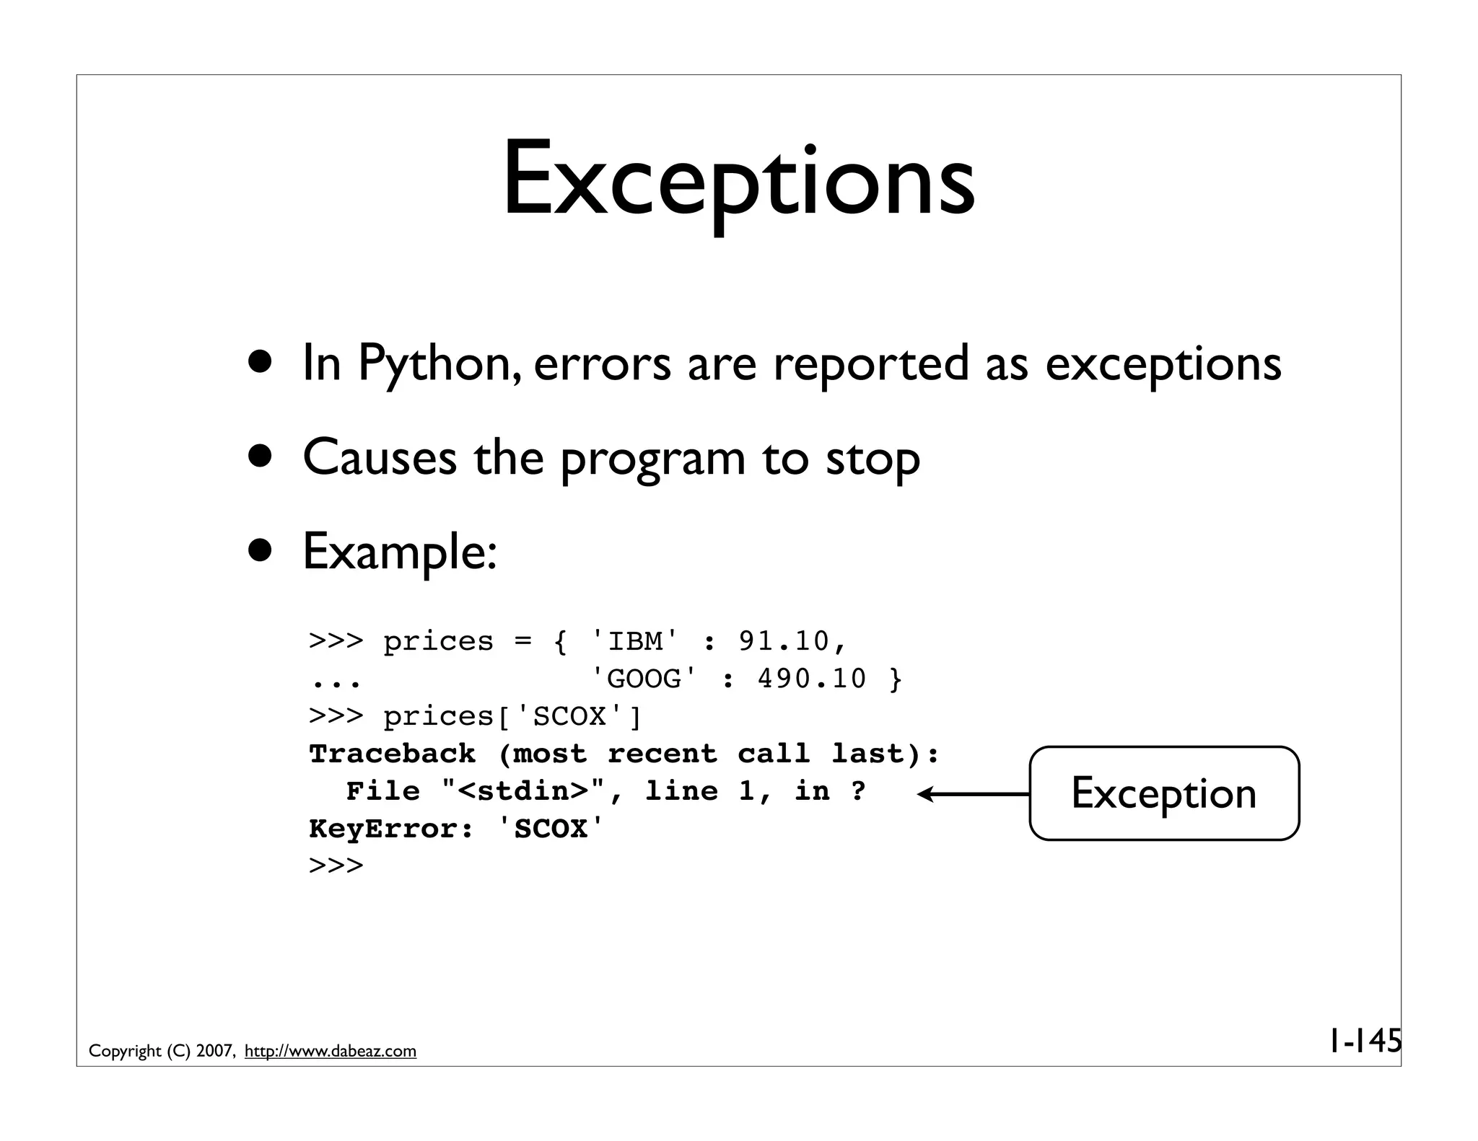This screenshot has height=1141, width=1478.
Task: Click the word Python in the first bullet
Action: (439, 363)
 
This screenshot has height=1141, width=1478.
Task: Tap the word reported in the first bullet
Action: (871, 363)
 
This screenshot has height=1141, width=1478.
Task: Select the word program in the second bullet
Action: (652, 459)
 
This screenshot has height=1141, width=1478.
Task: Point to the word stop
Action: (873, 459)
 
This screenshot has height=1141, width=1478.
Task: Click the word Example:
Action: (400, 552)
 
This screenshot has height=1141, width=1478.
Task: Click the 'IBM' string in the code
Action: (635, 641)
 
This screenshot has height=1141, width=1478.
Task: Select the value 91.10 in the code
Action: (784, 641)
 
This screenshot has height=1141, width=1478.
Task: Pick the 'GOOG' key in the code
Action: (644, 679)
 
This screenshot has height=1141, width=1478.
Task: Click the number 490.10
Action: (812, 679)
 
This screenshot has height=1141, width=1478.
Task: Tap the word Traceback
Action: (392, 754)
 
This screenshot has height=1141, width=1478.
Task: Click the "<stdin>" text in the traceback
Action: (523, 791)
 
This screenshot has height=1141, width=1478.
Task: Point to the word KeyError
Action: (382, 829)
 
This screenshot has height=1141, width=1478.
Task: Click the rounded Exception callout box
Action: (1163, 793)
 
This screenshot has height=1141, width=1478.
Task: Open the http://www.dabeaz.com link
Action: (331, 1051)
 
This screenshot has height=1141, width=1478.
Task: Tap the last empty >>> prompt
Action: (336, 865)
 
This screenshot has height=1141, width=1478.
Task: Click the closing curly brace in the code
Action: (896, 679)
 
